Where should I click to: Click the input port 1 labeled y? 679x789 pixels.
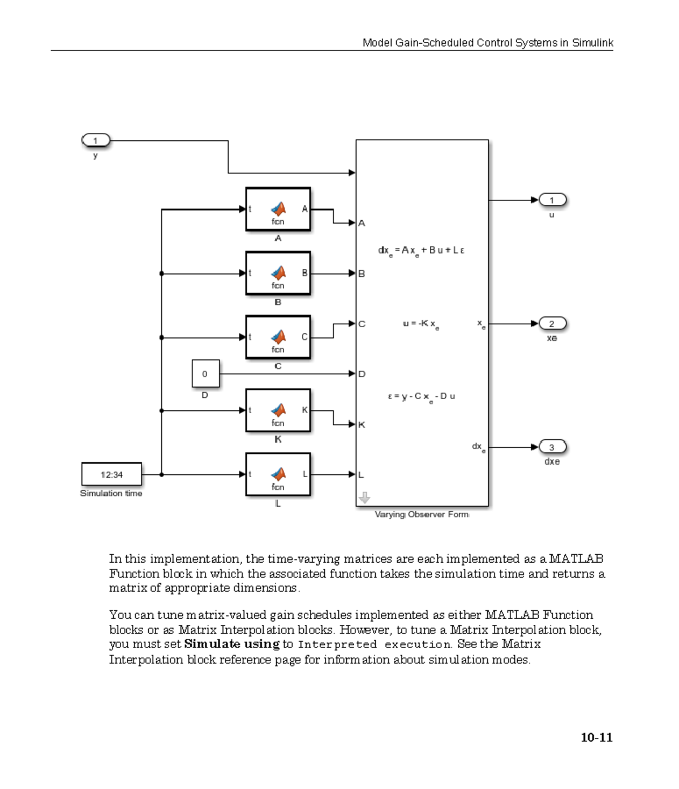coord(96,140)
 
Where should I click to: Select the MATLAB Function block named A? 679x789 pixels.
coord(278,209)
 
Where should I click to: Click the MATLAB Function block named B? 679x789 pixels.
coord(278,273)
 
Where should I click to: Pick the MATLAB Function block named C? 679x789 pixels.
coord(278,337)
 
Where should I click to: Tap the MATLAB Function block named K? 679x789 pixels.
coord(278,410)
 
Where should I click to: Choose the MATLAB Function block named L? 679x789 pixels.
coord(278,474)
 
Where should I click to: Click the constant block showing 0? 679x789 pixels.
coord(205,374)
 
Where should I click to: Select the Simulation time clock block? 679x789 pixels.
coord(111,474)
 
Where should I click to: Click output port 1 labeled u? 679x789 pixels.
coord(552,200)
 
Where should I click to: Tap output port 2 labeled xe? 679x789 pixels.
coord(552,324)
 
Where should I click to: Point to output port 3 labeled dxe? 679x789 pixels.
coord(552,447)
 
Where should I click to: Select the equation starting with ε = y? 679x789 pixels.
coord(422,397)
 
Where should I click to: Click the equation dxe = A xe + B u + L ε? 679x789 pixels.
coord(421,251)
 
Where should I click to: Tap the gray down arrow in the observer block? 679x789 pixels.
coord(364,498)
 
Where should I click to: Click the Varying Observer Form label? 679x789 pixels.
coord(422,514)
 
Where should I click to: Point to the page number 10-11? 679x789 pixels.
coord(596,737)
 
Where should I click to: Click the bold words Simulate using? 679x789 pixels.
coord(231,644)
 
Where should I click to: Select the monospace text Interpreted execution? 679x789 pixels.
coord(374,645)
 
